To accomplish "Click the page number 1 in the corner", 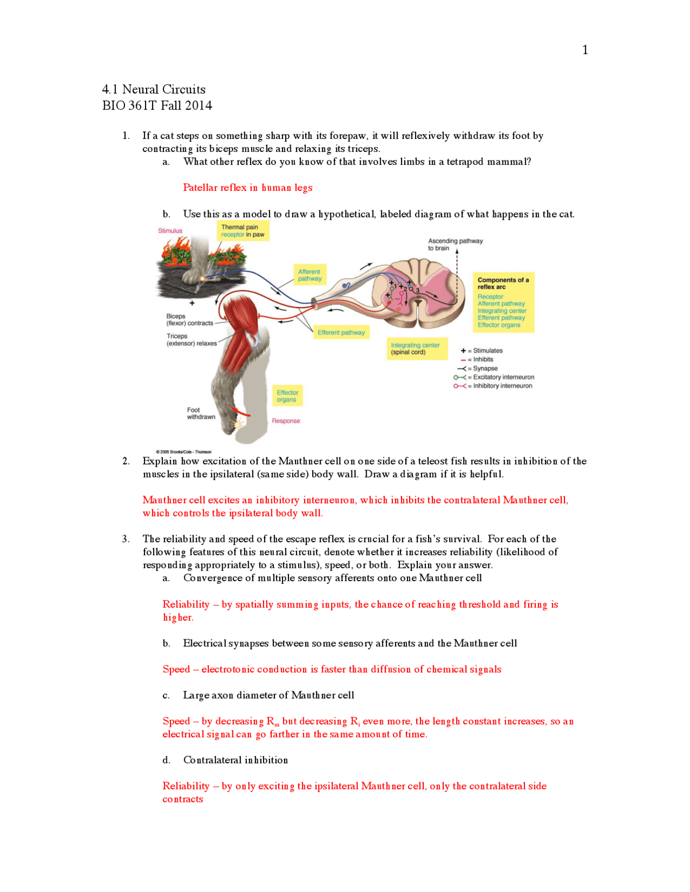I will coord(585,50).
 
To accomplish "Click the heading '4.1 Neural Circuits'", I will coord(154,89).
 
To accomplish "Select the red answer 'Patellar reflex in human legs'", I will coord(247,187).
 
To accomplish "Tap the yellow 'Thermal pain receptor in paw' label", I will coord(243,231).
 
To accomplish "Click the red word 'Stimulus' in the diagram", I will coord(170,231).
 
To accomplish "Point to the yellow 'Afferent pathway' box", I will coord(309,275).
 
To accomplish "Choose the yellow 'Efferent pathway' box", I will coord(341,332).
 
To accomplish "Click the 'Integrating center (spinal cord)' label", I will coord(415,349).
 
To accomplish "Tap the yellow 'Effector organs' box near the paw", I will coord(287,396).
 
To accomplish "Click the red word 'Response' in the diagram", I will coord(286,421).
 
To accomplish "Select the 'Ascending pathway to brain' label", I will coord(455,245).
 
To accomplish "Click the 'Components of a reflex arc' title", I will coord(502,283).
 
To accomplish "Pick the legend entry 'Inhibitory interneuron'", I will coord(502,386).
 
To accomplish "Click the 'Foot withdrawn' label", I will coord(201,413).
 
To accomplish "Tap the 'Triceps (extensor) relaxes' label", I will coord(191,339).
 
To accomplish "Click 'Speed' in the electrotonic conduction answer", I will coord(176,669).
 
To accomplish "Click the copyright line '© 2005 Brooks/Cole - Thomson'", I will coord(183,452).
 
